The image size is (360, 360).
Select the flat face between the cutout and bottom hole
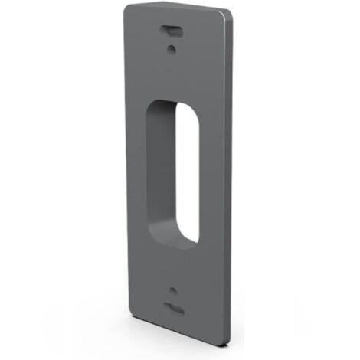tap(175, 268)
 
